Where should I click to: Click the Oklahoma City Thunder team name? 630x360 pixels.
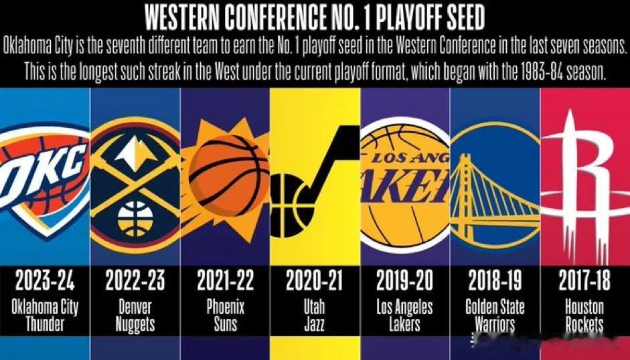click(x=45, y=316)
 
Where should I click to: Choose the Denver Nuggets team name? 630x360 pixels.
click(x=135, y=316)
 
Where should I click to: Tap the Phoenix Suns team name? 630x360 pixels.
click(x=225, y=316)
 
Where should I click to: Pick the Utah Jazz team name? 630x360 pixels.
click(x=315, y=316)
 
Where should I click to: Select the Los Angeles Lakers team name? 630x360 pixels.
click(x=404, y=316)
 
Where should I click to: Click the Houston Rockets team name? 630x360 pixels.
click(x=584, y=316)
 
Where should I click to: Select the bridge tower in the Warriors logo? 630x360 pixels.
click(x=464, y=181)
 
